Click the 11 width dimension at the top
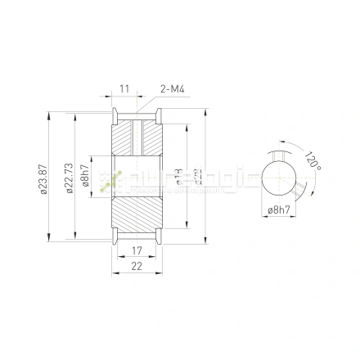point(125,88)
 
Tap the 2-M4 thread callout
point(172,88)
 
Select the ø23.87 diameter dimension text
point(44,178)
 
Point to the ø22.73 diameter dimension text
point(68,178)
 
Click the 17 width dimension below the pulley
point(137,251)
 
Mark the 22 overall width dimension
point(137,266)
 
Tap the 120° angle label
point(312,159)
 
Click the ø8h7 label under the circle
point(279,211)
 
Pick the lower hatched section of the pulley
point(137,218)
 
